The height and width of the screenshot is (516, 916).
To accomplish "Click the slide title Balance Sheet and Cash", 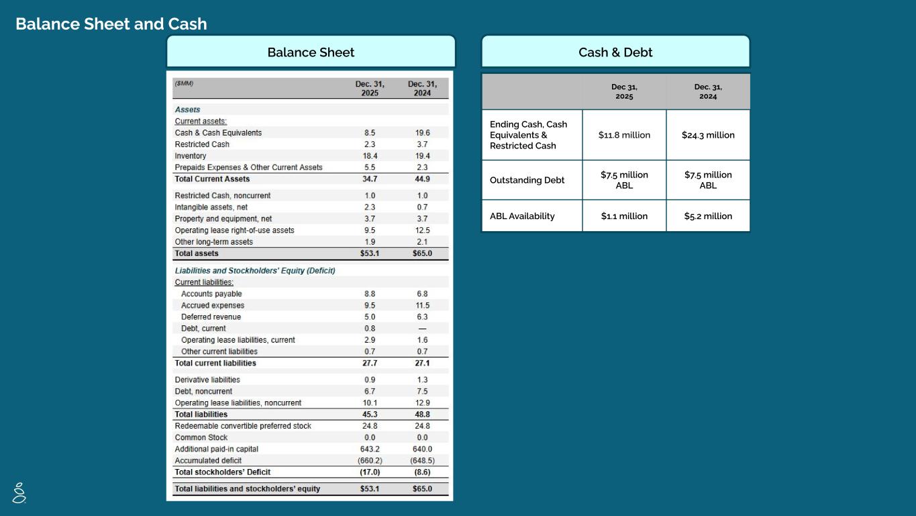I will [111, 24].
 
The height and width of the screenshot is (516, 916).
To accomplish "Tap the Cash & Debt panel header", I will [615, 52].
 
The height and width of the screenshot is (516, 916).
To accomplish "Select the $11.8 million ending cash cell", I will [624, 135].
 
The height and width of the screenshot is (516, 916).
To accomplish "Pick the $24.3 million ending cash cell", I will [708, 135].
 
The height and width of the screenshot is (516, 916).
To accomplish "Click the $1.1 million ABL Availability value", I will [624, 216].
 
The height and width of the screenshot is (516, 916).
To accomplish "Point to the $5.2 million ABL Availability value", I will [708, 216].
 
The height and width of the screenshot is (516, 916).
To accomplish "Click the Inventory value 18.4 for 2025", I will [370, 156].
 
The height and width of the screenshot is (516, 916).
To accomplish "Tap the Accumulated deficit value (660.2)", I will [370, 461].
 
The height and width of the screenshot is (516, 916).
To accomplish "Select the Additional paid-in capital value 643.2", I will [370, 449].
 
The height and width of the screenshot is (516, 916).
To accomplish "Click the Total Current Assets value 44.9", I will [422, 179].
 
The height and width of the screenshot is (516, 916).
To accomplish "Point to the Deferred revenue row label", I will [211, 317].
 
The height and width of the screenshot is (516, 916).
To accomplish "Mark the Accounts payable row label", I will [211, 294].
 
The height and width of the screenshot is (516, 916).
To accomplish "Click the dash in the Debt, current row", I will [422, 329].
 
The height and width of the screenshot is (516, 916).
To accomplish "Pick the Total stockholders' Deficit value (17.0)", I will [370, 472].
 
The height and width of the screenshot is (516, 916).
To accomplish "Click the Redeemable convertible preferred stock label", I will [243, 426].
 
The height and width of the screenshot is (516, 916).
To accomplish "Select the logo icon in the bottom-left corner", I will [19, 492].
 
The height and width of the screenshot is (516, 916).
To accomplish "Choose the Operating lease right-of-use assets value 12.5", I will [422, 230].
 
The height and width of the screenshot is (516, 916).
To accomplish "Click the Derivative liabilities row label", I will [207, 380].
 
